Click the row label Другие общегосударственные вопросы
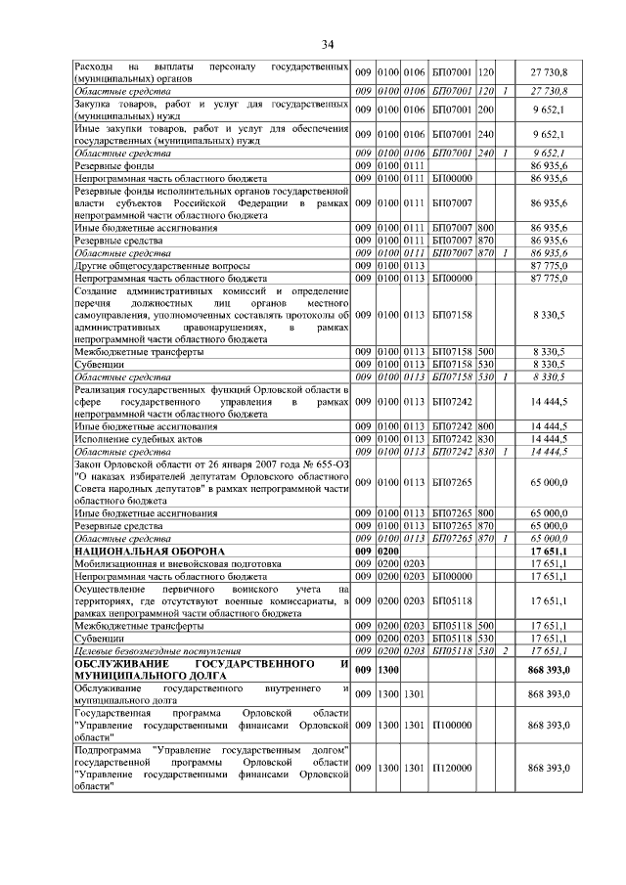(x=162, y=265)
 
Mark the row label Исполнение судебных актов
(x=132, y=440)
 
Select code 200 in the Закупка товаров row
(x=486, y=110)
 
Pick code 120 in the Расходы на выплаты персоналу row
(x=486, y=73)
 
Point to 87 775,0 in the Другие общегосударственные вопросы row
(x=549, y=265)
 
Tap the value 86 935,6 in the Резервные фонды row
(x=549, y=165)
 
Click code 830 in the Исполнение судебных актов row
(x=486, y=440)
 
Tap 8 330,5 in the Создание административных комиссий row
(x=549, y=316)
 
